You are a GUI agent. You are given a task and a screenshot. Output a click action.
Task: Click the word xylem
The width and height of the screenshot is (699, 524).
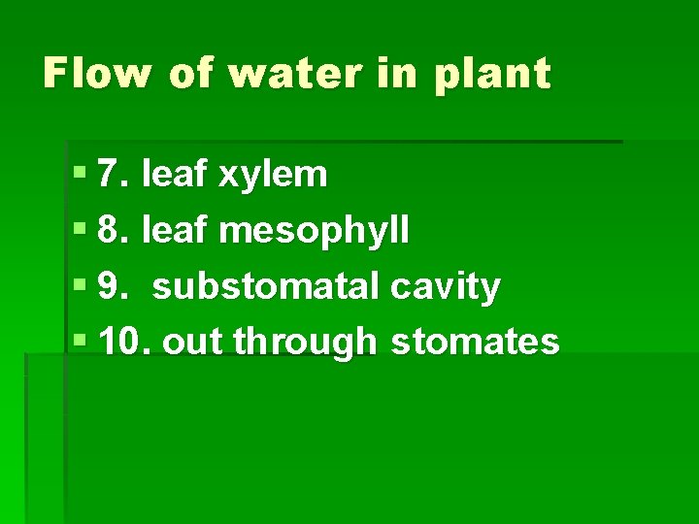(273, 177)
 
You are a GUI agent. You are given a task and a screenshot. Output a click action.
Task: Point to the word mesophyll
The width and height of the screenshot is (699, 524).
(314, 232)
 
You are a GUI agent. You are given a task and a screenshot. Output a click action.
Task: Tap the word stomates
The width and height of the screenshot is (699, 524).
(474, 342)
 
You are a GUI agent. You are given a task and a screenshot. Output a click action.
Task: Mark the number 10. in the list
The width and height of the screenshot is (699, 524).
(125, 342)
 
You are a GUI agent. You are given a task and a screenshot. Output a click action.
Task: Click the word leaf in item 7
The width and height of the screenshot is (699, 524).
(175, 175)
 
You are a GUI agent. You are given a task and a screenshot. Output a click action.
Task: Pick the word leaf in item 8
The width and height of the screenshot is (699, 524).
(175, 231)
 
